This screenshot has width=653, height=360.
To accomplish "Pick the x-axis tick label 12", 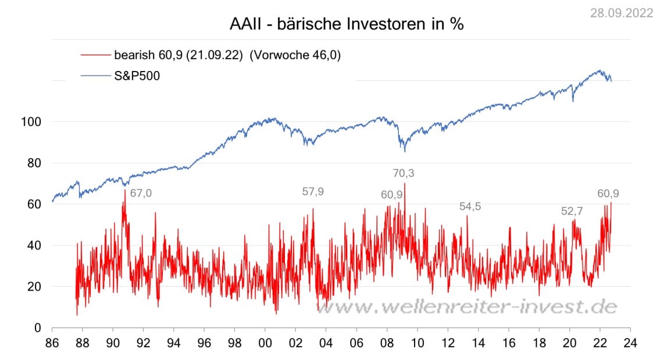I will click(448, 343).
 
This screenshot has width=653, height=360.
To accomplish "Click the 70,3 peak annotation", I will click(405, 173).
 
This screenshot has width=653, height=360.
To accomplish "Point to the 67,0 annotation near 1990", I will click(141, 193).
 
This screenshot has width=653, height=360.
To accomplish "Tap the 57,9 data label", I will click(313, 192).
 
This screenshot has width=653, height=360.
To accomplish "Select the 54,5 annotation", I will click(470, 206).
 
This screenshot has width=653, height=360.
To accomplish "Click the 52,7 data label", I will click(572, 212).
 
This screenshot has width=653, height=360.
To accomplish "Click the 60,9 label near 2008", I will click(392, 195).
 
